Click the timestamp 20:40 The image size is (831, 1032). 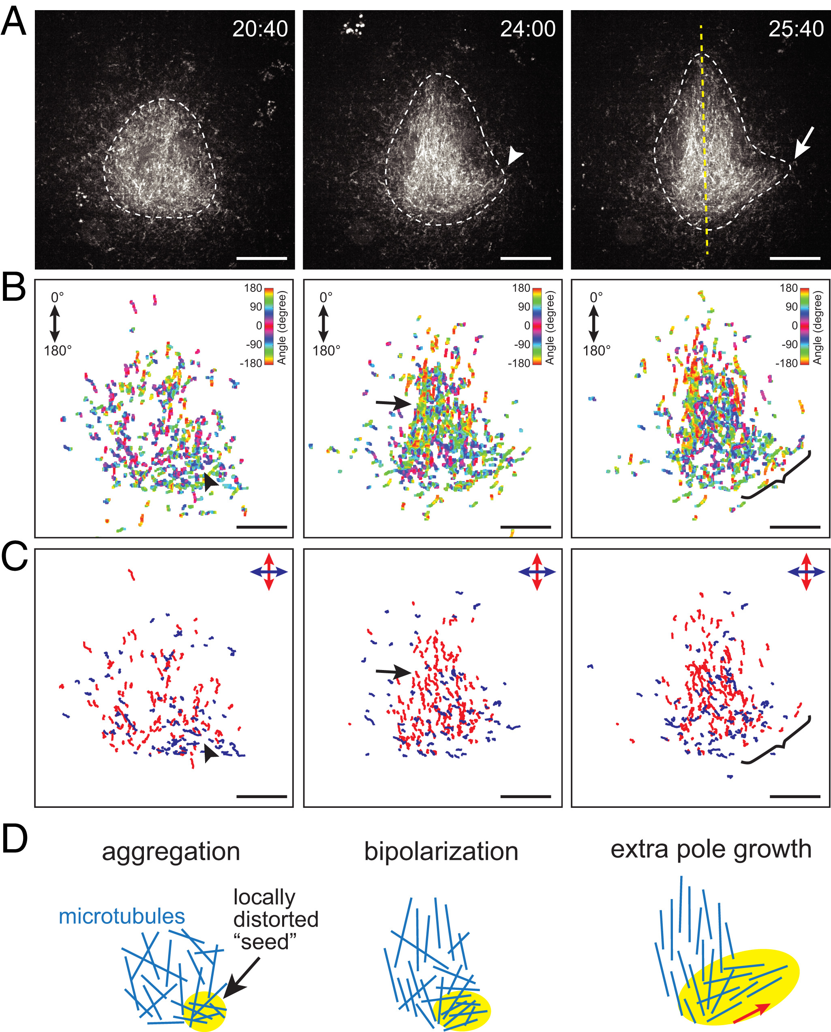pyautogui.click(x=260, y=30)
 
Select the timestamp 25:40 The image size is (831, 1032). pyautogui.click(x=796, y=30)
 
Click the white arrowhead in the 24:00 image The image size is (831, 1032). pyautogui.click(x=514, y=156)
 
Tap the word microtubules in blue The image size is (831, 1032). pyautogui.click(x=122, y=916)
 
